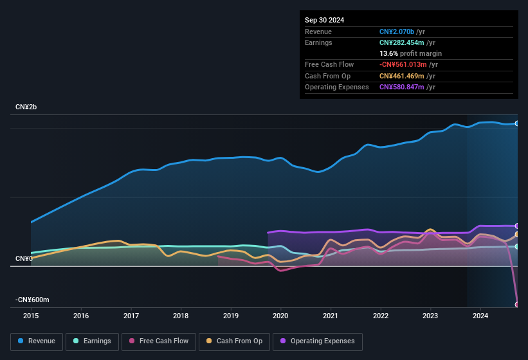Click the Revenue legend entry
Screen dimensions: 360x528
[37, 341]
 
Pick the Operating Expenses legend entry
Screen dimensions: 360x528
[317, 341]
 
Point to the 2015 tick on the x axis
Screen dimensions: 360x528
[31, 316]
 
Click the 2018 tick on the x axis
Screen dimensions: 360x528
[181, 316]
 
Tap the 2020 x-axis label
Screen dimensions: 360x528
[280, 316]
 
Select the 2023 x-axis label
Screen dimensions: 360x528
[430, 316]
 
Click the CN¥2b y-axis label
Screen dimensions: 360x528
[26, 107]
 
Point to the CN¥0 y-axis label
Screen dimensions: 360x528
[24, 258]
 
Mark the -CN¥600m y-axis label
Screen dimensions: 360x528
[33, 300]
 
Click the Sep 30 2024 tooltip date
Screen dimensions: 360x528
[324, 20]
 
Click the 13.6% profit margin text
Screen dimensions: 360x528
[410, 53]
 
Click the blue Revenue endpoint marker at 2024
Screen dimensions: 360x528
[516, 123]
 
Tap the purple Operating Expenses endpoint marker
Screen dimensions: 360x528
[516, 226]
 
